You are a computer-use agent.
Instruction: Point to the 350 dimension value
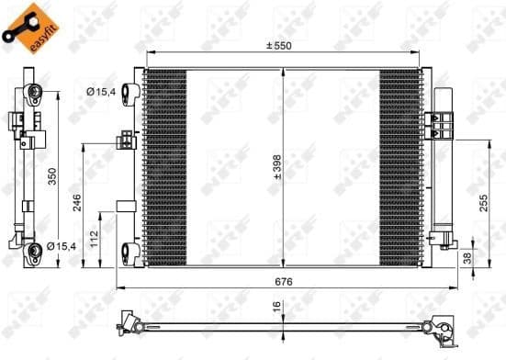[53, 176]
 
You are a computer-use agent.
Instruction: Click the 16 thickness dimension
[275, 309]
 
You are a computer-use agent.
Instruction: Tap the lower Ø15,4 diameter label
[58, 246]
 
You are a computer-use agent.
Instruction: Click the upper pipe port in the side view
[34, 92]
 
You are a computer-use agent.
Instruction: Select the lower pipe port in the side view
[34, 247]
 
